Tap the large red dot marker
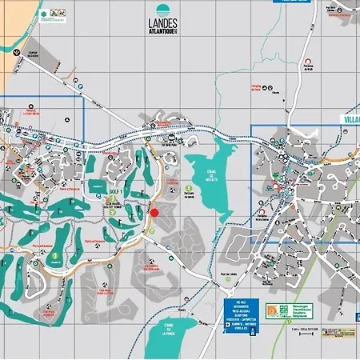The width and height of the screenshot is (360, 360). [154, 212]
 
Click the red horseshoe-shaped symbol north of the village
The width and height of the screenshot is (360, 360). [308, 62]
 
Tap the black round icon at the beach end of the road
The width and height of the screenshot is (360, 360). [18, 49]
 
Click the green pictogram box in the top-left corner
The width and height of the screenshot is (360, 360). [56, 14]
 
